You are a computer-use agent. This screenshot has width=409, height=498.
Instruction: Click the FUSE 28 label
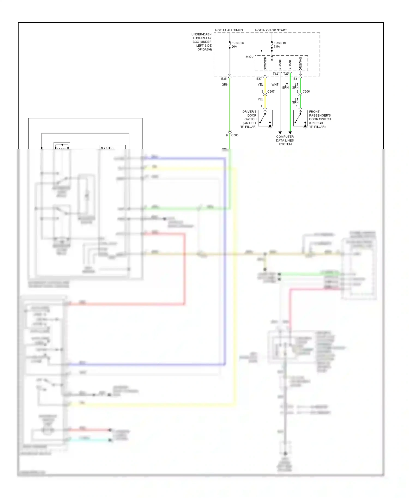[x=237, y=43]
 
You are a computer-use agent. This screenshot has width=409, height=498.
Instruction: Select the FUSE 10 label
[x=280, y=43]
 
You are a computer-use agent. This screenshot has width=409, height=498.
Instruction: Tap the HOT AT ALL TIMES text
[x=229, y=30]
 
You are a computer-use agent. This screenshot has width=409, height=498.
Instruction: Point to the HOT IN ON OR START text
[x=271, y=30]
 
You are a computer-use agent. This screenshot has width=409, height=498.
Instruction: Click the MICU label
[x=249, y=57]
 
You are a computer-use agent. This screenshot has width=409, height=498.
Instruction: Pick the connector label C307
[x=271, y=92]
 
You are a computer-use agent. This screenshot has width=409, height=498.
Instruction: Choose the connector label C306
[x=306, y=92]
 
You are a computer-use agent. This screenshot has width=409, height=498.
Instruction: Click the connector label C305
[x=234, y=135]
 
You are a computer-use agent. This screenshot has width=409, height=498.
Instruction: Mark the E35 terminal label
[x=224, y=79]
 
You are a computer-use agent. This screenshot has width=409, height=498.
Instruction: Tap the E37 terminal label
[x=259, y=79]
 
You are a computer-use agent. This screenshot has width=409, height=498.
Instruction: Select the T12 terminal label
[x=275, y=74]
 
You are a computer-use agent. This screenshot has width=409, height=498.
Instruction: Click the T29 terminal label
[x=286, y=74]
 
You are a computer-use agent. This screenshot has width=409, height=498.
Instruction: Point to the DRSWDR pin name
[x=265, y=63]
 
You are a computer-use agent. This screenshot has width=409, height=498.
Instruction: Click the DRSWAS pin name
[x=300, y=63]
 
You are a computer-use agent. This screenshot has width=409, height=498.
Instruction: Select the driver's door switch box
[x=265, y=118]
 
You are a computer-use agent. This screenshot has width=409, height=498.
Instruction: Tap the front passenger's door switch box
[x=300, y=118]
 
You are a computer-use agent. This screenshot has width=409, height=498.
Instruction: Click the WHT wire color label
[x=275, y=85]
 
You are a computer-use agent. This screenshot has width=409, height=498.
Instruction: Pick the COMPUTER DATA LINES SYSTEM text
[x=285, y=140]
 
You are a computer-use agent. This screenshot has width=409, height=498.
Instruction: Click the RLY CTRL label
[x=107, y=148]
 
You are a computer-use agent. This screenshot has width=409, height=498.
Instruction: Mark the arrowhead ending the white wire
[x=280, y=133]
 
